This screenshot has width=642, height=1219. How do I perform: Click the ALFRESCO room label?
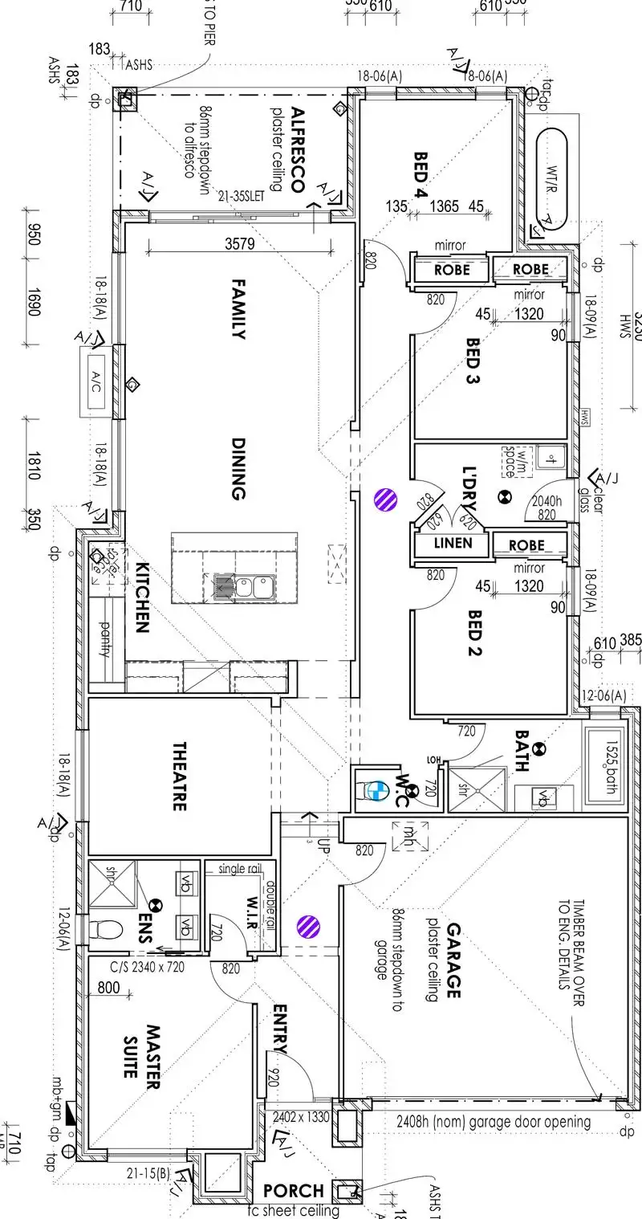pyautogui.click(x=296, y=150)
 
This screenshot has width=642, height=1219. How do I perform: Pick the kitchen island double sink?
pyautogui.click(x=245, y=587)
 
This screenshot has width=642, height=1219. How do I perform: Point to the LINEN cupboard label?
pyautogui.click(x=453, y=544)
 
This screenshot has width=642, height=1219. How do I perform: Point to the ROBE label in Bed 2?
pyautogui.click(x=526, y=545)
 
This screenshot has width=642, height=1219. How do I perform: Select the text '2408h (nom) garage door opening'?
pyautogui.click(x=494, y=1121)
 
